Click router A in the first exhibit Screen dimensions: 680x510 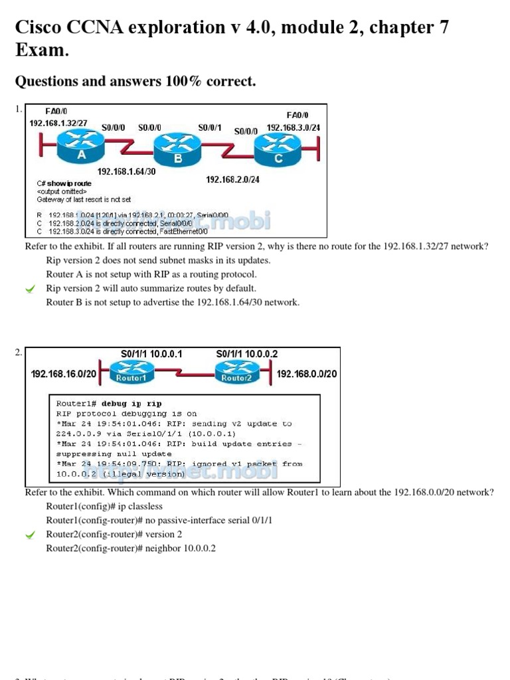click(80, 146)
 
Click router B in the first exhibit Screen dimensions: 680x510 click(177, 150)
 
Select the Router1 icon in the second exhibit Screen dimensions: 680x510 click(131, 373)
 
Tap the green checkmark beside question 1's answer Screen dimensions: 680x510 click(30, 289)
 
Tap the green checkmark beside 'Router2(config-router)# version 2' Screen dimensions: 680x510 click(30, 535)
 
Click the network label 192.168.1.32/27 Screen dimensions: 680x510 click(58, 124)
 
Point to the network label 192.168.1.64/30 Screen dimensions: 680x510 click(126, 171)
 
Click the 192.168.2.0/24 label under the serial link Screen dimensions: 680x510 click(232, 179)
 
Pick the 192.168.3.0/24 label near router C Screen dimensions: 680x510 click(293, 127)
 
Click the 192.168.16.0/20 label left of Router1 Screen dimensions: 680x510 click(63, 374)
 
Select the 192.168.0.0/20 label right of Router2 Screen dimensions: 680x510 click(306, 374)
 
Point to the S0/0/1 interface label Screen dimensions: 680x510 click(209, 127)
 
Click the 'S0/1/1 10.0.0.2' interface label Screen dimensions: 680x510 click(247, 354)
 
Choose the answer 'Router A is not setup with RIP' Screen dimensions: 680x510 click(151, 274)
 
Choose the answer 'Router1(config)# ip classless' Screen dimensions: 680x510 click(104, 506)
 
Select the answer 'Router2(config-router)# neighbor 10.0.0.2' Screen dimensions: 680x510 click(130, 549)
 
